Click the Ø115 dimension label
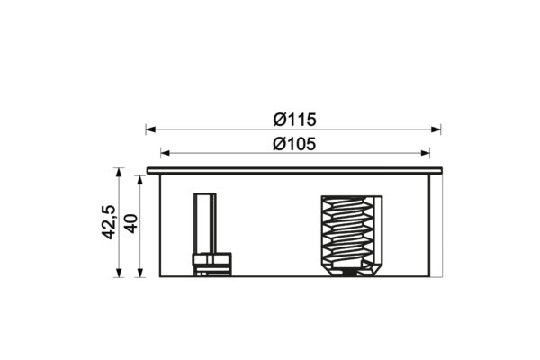pyautogui.click(x=294, y=120)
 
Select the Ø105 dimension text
pyautogui.click(x=294, y=144)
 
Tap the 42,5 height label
pyautogui.click(x=109, y=222)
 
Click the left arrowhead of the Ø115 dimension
pyautogui.click(x=151, y=130)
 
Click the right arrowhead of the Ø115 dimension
pyautogui.click(x=436, y=130)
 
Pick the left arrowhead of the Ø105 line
pyautogui.click(x=166, y=153)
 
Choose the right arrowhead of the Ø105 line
pyautogui.click(x=425, y=153)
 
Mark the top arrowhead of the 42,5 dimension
pyautogui.click(x=119, y=173)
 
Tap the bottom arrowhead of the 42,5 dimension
pyautogui.click(x=119, y=272)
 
